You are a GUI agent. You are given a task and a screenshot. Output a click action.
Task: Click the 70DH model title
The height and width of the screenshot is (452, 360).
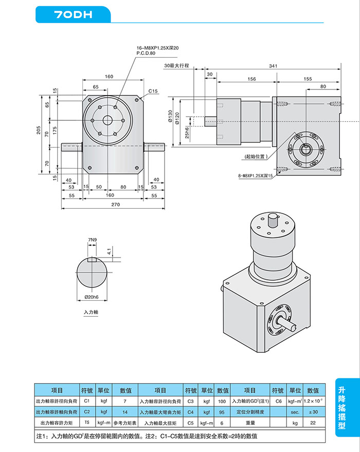click(73, 15)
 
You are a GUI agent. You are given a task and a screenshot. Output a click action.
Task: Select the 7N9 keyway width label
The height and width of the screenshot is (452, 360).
click(93, 240)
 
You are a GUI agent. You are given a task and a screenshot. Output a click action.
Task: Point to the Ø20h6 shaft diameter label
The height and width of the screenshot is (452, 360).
click(92, 298)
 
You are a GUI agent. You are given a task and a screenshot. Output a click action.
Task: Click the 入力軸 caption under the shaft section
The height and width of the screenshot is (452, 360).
click(91, 312)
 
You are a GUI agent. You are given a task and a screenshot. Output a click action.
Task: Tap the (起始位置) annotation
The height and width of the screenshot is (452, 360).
click(256, 156)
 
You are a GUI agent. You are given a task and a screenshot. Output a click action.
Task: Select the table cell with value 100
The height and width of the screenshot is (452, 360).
click(222, 401)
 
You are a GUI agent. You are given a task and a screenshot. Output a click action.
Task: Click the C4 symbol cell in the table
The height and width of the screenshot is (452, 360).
click(190, 412)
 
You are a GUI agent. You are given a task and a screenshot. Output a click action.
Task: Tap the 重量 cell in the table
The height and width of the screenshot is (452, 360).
click(250, 423)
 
